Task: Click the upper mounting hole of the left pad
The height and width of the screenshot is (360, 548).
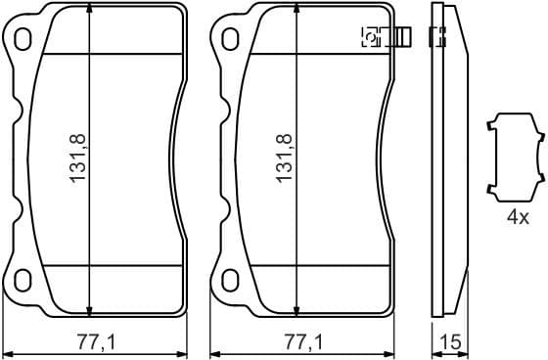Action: click(x=24, y=38)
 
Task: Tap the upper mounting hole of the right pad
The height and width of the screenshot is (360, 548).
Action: click(x=230, y=38)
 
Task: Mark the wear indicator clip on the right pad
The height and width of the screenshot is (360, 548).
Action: click(x=386, y=38)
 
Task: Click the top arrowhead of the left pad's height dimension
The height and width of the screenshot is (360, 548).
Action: click(x=90, y=9)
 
